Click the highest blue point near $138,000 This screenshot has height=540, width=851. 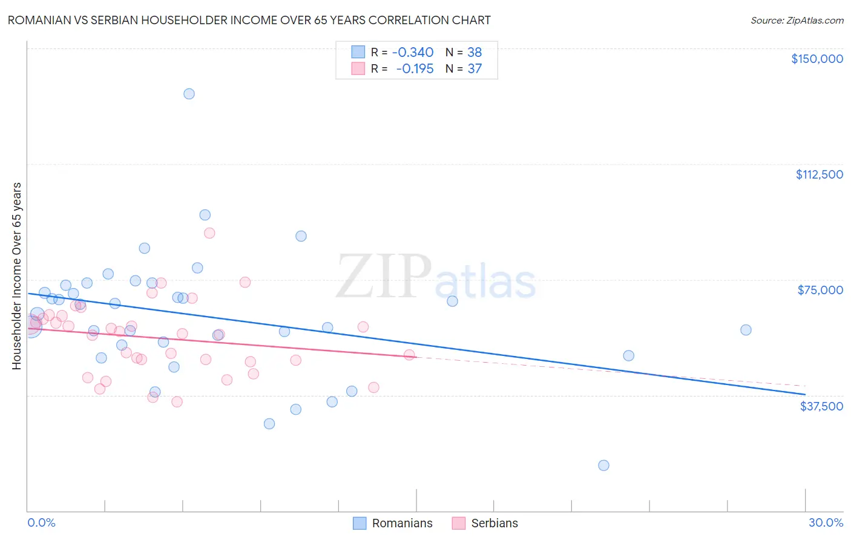[189, 94]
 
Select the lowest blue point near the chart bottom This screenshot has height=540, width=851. [603, 466]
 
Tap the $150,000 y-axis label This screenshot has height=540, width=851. [816, 59]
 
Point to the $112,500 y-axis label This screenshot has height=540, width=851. [819, 174]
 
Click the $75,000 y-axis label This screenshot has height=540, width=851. [820, 290]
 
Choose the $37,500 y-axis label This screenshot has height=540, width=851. [821, 406]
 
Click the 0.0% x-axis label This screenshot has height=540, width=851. [41, 522]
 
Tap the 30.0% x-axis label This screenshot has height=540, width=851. [826, 522]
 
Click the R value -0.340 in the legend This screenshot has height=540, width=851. [413, 53]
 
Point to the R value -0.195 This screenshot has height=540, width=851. [415, 69]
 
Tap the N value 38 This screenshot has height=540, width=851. [475, 53]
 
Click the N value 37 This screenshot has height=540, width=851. [475, 69]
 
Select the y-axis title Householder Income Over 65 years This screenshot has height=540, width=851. [17, 276]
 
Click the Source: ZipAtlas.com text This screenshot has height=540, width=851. [797, 21]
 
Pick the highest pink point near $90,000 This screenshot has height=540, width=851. [209, 233]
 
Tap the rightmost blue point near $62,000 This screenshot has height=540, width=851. [746, 330]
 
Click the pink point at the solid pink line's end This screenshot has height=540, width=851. [409, 355]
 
